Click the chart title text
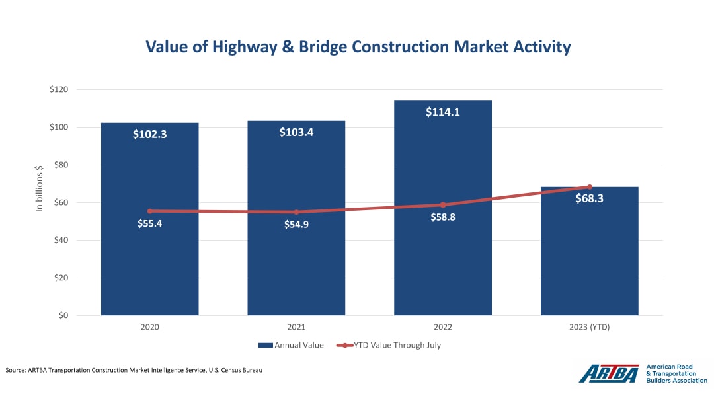(358, 47)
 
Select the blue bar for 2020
(149, 264)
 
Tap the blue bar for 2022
(443, 264)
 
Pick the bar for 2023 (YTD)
(589, 264)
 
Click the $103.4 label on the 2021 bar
(296, 132)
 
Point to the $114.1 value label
(443, 112)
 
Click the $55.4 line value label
(149, 223)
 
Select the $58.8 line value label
(443, 217)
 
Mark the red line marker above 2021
(296, 212)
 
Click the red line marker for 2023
(589, 187)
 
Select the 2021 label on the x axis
(296, 326)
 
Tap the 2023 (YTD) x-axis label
(589, 326)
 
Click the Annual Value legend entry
(290, 345)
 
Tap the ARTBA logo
(608, 373)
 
